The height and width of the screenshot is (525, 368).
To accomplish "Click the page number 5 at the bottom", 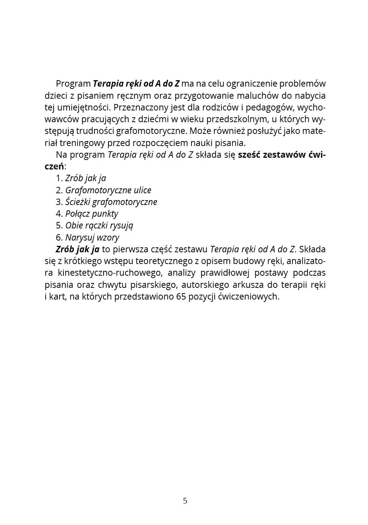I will point(185,501).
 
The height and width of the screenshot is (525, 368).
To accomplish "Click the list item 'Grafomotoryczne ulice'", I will point(108,190).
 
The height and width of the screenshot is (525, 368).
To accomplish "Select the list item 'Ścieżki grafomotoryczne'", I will point(111,202).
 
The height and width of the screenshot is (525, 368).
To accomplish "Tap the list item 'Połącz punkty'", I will point(92,214).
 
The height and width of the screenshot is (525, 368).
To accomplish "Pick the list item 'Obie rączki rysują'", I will point(99,225).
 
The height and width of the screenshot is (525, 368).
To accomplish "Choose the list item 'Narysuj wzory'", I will point(92,238).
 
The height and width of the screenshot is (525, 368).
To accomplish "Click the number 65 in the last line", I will point(181,297).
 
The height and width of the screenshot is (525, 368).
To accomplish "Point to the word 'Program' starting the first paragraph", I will point(73,84).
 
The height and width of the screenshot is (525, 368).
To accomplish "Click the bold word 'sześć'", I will point(249,155).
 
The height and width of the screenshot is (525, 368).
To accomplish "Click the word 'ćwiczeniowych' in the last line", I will point(249,297).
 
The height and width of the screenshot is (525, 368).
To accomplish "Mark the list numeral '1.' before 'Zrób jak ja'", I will point(59,178).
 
